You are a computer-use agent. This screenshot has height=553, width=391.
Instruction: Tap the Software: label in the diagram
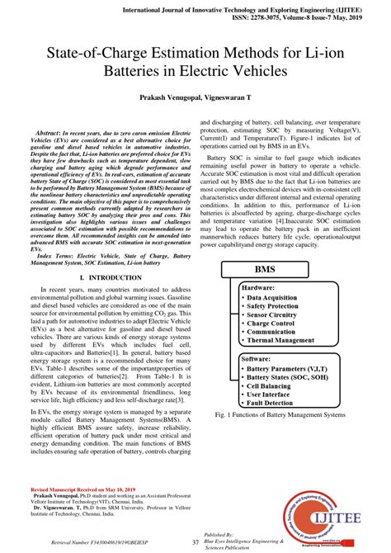(x=259, y=360)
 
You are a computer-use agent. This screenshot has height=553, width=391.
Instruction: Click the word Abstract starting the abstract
(x=54, y=132)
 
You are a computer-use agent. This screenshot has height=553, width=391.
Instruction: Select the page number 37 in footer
(x=195, y=541)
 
